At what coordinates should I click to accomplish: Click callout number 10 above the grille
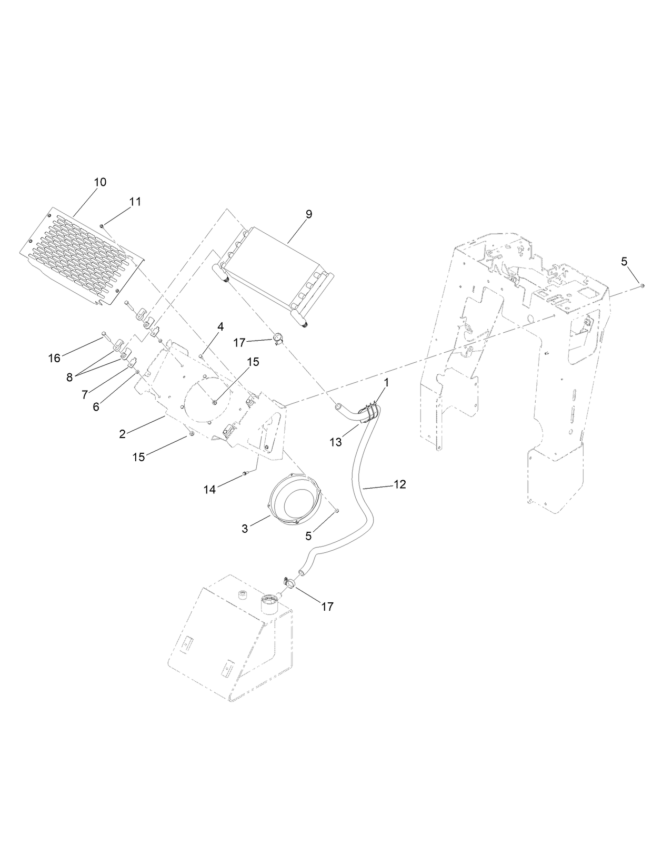pyautogui.click(x=100, y=182)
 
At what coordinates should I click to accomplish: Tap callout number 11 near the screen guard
pyautogui.click(x=135, y=202)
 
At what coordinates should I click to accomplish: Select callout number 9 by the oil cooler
pyautogui.click(x=308, y=214)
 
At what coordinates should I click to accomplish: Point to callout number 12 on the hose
pyautogui.click(x=399, y=484)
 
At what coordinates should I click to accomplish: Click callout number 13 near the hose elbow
pyautogui.click(x=336, y=443)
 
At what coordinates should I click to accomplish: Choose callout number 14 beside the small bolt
pyautogui.click(x=209, y=490)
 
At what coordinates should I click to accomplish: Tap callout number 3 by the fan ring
pyautogui.click(x=245, y=529)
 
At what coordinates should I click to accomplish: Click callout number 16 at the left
pyautogui.click(x=54, y=358)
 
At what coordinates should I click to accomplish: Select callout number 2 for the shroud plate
pyautogui.click(x=122, y=434)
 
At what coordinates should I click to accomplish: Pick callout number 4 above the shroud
pyautogui.click(x=220, y=327)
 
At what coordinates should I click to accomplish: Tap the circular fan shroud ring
pyautogui.click(x=295, y=499)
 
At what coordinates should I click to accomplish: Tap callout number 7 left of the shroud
pyautogui.click(x=85, y=394)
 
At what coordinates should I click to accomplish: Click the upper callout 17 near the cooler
pyautogui.click(x=239, y=343)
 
